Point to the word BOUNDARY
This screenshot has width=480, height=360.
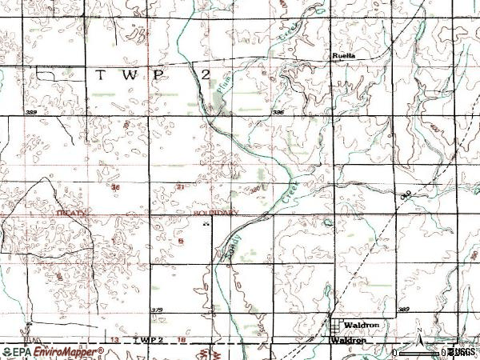(216, 214)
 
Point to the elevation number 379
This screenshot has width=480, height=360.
(157, 310)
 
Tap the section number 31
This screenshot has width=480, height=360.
(180, 187)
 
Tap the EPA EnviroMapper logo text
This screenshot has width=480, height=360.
(54, 351)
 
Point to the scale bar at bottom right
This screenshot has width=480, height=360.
(432, 352)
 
